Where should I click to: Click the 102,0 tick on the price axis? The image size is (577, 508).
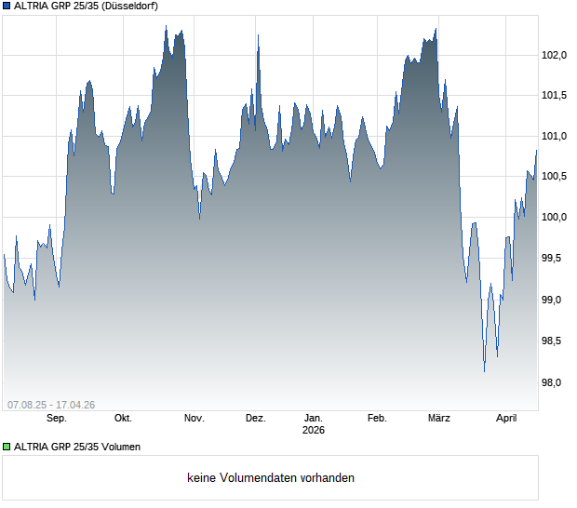[555, 55]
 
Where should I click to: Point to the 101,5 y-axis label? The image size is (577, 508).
[555, 95]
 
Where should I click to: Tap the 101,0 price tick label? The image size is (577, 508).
[555, 136]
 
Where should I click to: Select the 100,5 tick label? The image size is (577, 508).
[555, 177]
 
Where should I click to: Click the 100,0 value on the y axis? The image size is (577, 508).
[555, 218]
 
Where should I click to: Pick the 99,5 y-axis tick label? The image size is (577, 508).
[557, 259]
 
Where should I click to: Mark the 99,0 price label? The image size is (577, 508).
[557, 300]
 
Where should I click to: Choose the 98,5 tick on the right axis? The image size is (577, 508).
[557, 341]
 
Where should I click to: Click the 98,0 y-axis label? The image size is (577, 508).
[557, 382]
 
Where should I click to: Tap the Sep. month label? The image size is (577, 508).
[56, 419]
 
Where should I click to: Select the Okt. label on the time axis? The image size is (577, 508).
[122, 419]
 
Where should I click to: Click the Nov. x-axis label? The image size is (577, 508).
[194, 419]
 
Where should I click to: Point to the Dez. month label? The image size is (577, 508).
[255, 419]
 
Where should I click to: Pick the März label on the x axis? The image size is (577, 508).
[438, 419]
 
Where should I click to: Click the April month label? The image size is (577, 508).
[505, 419]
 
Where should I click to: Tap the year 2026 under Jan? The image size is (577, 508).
[314, 431]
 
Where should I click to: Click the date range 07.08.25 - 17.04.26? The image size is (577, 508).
[51, 404]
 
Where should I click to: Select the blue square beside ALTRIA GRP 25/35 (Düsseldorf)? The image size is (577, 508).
[7, 7]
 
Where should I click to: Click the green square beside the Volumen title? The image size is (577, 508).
[7, 448]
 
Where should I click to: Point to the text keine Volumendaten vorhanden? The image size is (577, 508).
[271, 478]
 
